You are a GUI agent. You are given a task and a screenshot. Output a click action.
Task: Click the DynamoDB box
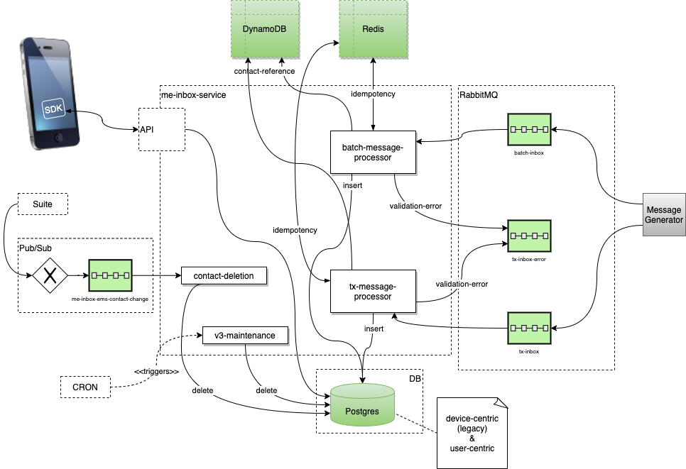[x=265, y=30]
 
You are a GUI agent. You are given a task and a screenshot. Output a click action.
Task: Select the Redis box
[x=374, y=30]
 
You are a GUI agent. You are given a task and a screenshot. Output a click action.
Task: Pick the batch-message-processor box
[x=372, y=152]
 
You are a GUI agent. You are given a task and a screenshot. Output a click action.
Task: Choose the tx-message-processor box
[x=372, y=292]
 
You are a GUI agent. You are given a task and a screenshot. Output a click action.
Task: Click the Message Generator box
[x=664, y=214]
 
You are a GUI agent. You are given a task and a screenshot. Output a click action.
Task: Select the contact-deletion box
[x=224, y=275]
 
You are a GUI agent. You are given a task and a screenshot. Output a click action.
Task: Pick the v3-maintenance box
[x=245, y=334]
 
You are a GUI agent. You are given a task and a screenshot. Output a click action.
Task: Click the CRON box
[x=85, y=387]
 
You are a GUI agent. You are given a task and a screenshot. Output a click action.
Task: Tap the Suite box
[x=42, y=205]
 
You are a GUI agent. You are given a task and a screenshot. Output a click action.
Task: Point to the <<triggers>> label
[x=156, y=371]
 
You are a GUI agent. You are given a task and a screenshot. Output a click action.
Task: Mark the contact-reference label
[x=263, y=72]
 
